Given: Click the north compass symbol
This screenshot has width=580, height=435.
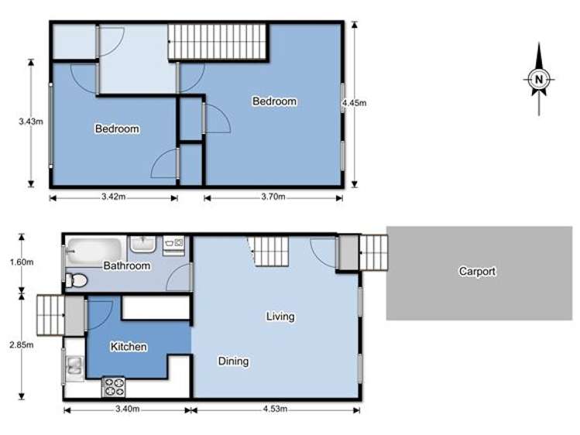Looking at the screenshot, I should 539,78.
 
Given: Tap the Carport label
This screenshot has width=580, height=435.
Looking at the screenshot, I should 477,272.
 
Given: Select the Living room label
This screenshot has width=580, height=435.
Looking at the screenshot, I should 280,316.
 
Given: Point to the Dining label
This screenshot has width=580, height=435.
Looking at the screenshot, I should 233,361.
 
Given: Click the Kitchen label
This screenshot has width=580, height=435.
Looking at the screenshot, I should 129,347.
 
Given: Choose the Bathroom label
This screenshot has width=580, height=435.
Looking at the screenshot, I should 126,265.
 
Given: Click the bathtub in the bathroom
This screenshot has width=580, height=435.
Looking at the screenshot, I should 94,250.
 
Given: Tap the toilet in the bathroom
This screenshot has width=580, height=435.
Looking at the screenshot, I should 76,279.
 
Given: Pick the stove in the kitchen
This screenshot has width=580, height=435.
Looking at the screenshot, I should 114,385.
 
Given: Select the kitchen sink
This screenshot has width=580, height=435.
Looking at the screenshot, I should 74,366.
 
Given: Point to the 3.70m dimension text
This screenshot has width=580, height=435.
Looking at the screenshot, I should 272,197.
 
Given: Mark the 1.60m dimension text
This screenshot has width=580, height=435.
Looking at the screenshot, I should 24,262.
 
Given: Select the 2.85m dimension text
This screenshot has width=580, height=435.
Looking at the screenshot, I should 24,345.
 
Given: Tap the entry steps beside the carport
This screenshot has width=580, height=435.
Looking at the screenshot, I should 372,252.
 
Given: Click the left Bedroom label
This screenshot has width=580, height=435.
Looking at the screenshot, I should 117,128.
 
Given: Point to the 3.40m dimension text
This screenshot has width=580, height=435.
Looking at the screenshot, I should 126,410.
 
